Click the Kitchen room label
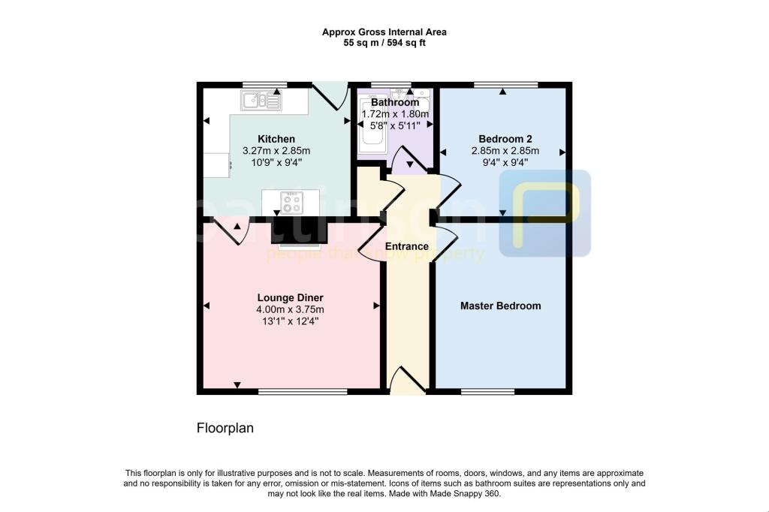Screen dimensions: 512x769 [276, 139]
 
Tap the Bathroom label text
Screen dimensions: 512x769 [395, 102]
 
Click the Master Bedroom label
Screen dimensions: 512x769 [500, 306]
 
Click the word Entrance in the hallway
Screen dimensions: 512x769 [406, 246]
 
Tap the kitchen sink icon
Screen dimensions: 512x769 [261, 100]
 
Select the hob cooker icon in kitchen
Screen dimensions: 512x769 [291, 202]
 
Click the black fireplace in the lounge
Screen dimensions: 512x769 [299, 230]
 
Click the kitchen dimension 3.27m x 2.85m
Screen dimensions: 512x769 [276, 151]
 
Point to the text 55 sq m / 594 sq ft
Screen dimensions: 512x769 [384, 43]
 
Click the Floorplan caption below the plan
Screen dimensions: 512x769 [225, 429]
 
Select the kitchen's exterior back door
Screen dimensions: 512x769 [328, 95]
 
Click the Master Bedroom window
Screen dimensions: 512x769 [488, 391]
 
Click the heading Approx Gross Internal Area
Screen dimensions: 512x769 [384, 32]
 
